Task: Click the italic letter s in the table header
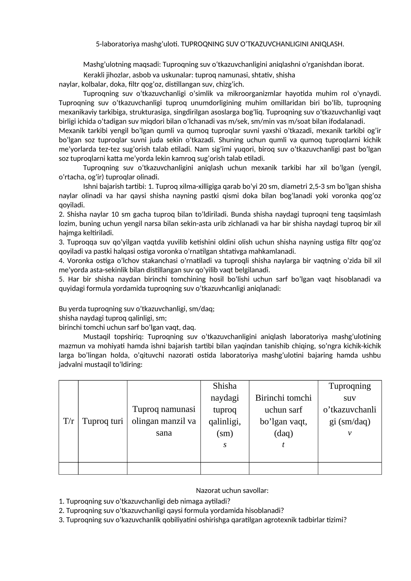point(225,445)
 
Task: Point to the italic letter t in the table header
point(283,445)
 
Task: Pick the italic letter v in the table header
point(350,433)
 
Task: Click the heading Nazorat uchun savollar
point(232,490)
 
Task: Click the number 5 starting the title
point(97,44)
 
